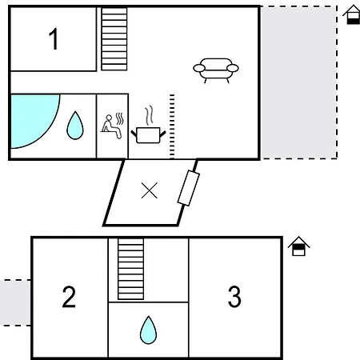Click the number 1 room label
pyautogui.click(x=54, y=38)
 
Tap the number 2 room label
pyautogui.click(x=69, y=297)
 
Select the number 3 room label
pyautogui.click(x=234, y=297)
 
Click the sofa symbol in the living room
pyautogui.click(x=216, y=70)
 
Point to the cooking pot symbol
pyautogui.click(x=148, y=134)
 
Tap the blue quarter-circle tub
pyautogui.click(x=30, y=118)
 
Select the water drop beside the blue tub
pyautogui.click(x=75, y=126)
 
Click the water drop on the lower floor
pyautogui.click(x=148, y=330)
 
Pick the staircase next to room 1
pyautogui.click(x=114, y=39)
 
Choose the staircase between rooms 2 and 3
pyautogui.click(x=130, y=269)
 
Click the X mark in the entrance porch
pyautogui.click(x=150, y=190)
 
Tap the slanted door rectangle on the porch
pyautogui.click(x=189, y=188)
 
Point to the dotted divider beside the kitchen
pyautogui.click(x=172, y=126)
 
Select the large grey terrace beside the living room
pyautogui.click(x=299, y=82)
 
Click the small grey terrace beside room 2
pyautogui.click(x=15, y=302)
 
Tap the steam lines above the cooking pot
pyautogui.click(x=150, y=115)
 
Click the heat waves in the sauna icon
pyautogui.click(x=120, y=118)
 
